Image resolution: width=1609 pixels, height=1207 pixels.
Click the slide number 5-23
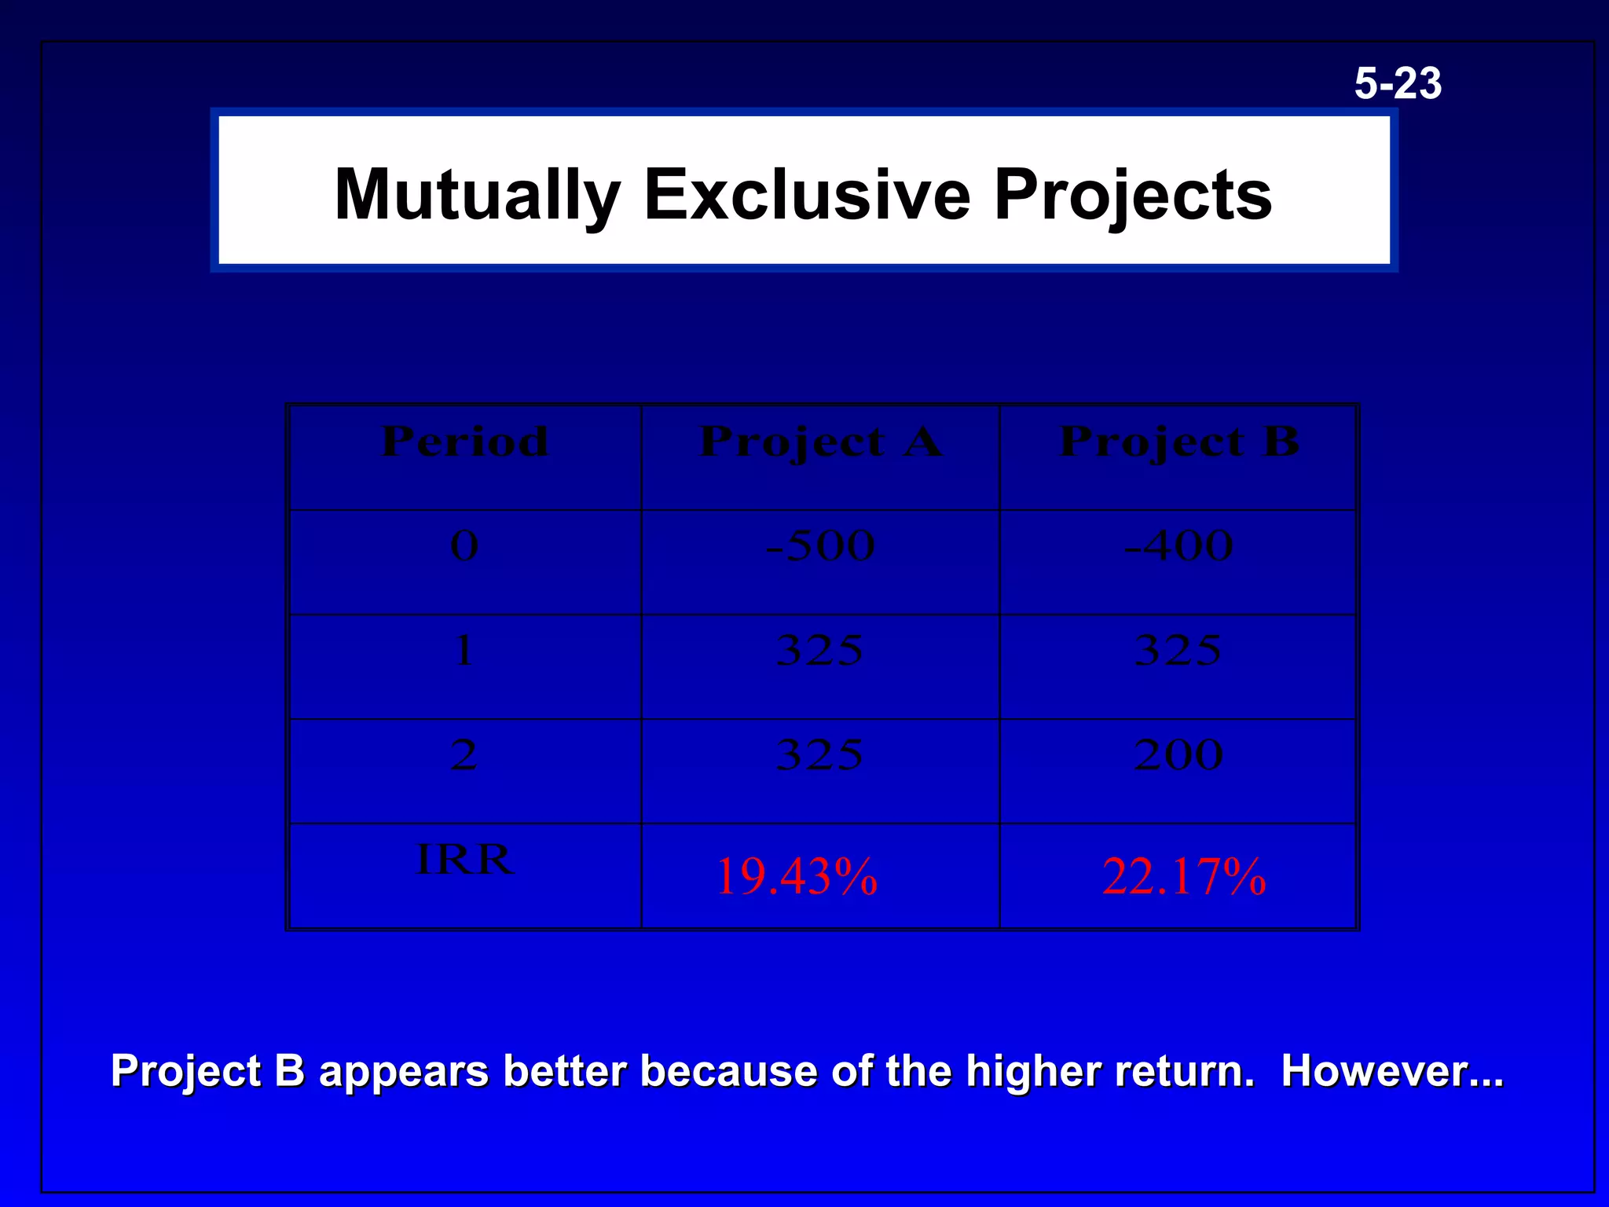tap(1398, 83)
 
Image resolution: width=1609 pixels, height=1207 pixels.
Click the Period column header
tap(464, 441)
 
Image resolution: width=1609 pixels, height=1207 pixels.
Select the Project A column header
tap(820, 441)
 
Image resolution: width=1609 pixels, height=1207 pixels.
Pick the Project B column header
tap(1178, 441)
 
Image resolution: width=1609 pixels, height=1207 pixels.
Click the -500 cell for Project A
tap(820, 545)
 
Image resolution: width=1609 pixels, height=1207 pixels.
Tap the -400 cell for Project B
tap(1178, 545)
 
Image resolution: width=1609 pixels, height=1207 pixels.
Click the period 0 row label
tap(464, 545)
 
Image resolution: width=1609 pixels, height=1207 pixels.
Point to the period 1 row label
tap(464, 650)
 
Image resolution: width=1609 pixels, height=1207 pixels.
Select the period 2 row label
tap(464, 754)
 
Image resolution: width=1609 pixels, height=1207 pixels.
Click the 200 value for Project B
tap(1178, 754)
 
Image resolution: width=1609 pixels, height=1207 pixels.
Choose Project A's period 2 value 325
tap(820, 754)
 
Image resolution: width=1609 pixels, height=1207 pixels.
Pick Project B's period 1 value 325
tap(1178, 650)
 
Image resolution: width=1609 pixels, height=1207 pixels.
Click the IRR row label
tap(464, 859)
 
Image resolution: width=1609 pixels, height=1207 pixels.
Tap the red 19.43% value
tap(796, 877)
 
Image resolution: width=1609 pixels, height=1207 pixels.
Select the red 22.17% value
tap(1184, 877)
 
